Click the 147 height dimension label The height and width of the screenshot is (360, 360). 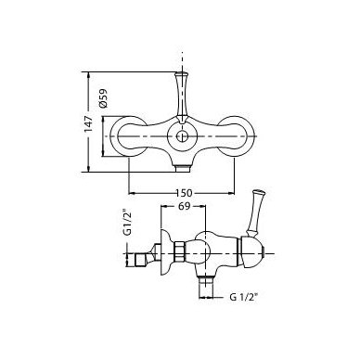point(89,123)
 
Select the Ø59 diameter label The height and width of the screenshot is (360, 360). point(103,98)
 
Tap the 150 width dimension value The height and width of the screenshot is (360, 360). point(184,193)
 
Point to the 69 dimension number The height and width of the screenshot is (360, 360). point(184,206)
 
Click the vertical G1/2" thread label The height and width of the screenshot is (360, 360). point(128,224)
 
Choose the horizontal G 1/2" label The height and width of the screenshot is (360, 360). point(244,298)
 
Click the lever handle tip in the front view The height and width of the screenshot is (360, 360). point(182,74)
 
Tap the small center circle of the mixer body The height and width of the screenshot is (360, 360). point(182,136)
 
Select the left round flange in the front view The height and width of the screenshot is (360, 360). point(128,136)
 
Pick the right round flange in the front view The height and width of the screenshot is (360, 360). point(237,136)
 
